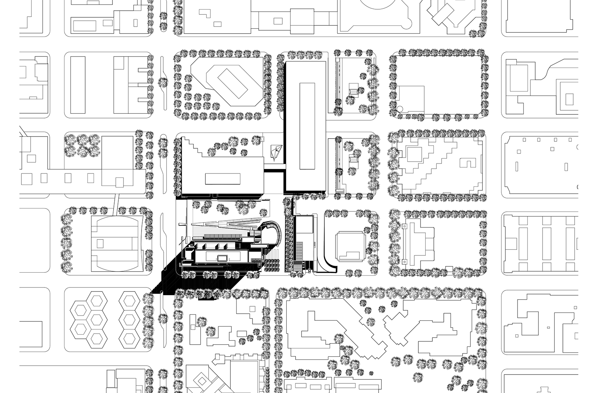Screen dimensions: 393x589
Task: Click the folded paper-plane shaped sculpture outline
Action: pyautogui.click(x=276, y=152)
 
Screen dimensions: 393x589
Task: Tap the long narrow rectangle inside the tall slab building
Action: pyautogui.click(x=307, y=126)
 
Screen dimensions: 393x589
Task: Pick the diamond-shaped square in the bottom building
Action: pyautogui.click(x=201, y=380)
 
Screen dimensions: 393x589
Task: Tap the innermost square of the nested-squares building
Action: pyautogui.click(x=569, y=99)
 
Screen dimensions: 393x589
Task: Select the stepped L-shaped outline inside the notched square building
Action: pyautogui.click(x=350, y=255)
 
